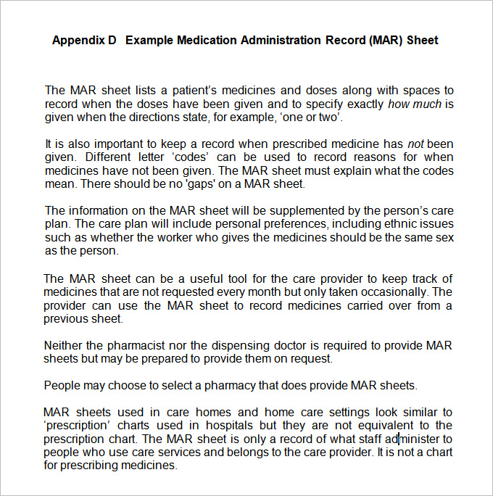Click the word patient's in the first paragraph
pos(194,91)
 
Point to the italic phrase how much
pos(415,104)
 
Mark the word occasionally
pos(397,292)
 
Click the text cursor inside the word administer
pos(399,439)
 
